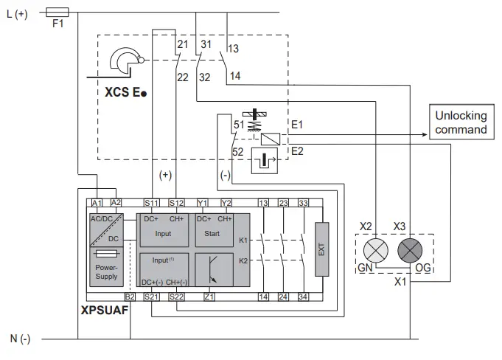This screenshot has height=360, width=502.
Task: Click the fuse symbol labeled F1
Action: click(57, 12)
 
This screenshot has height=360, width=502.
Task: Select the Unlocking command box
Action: click(461, 122)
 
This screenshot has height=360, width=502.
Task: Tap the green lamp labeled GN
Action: click(377, 249)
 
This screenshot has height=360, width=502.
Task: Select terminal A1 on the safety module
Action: click(96, 202)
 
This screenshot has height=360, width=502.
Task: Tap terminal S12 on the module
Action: click(176, 202)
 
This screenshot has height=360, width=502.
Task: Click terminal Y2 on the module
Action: click(227, 202)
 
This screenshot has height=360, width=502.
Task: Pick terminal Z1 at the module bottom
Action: click(209, 297)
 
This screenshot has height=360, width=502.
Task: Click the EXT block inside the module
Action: click(321, 249)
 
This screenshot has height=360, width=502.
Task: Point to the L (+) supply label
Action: click(16, 13)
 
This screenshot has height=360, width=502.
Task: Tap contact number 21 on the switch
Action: click(184, 45)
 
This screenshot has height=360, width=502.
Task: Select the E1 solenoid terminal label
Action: click(297, 125)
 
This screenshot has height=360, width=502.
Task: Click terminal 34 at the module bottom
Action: click(303, 297)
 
